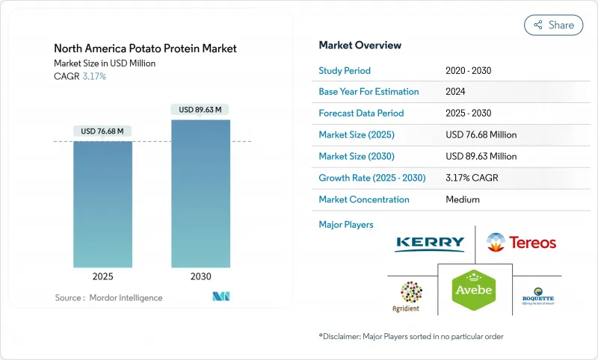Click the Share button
pos(553,25)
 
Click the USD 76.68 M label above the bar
pos(102,131)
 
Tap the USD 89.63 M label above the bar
pos(200,110)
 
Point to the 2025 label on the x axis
pos(102,276)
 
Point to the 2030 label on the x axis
pos(200,276)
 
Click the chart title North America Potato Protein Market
pos(145,49)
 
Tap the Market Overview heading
pos(360,46)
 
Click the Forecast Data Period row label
pos(361,114)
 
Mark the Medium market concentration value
pos(463,199)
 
